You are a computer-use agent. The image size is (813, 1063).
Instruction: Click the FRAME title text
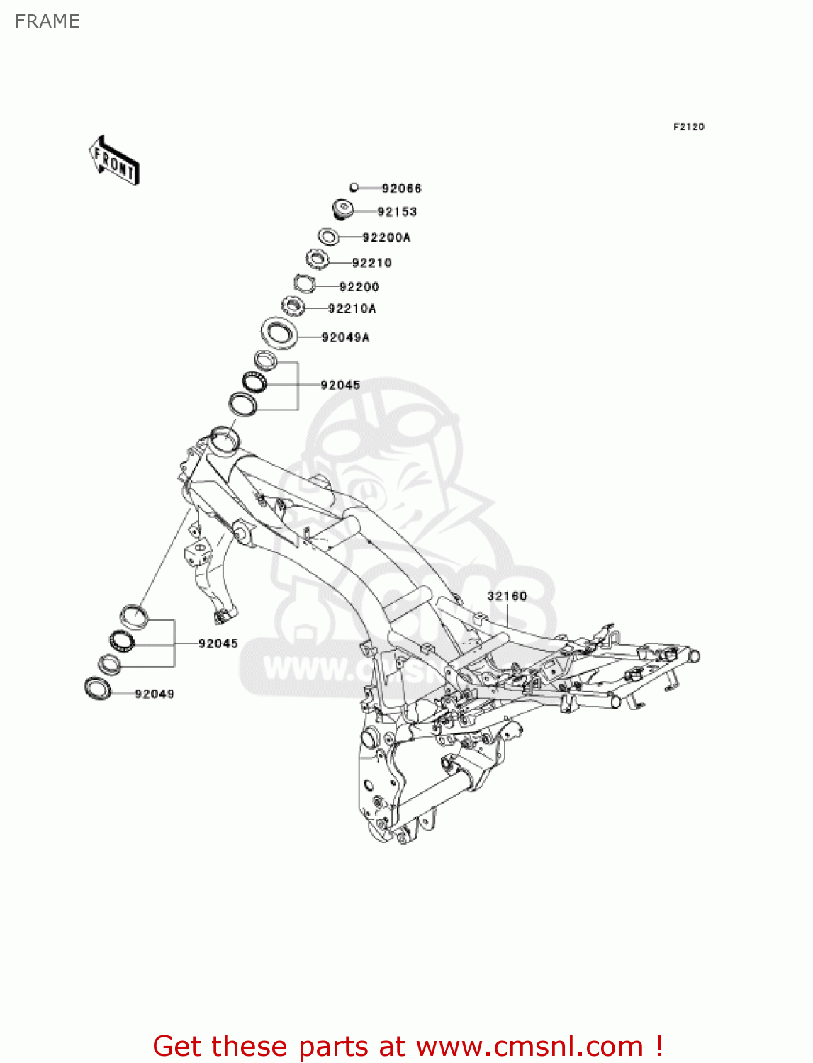pos(47,21)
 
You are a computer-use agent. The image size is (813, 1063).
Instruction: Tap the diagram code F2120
pos(688,127)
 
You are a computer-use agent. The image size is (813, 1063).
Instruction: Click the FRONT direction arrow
pos(114,160)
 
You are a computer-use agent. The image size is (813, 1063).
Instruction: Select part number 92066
pos(401,189)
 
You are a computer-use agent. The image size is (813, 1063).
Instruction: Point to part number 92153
pos(397,212)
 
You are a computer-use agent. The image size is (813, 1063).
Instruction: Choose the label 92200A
pos(386,237)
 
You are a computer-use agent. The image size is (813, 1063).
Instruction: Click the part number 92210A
pos(352,309)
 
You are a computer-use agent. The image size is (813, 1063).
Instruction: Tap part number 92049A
pos(345,338)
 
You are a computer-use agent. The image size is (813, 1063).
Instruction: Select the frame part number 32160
pos(507,596)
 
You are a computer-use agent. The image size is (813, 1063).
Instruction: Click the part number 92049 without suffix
pos(155,694)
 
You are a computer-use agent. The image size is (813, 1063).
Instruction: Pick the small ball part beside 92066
pos(354,188)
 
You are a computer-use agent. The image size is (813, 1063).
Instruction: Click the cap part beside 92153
pos(343,210)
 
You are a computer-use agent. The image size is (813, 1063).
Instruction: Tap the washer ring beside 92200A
pos(327,236)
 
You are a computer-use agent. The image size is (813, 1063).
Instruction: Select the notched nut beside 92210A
pos(293,307)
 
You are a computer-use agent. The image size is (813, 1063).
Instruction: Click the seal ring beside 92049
pos(98,687)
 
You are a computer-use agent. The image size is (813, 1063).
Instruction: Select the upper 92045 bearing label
pos(340,386)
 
